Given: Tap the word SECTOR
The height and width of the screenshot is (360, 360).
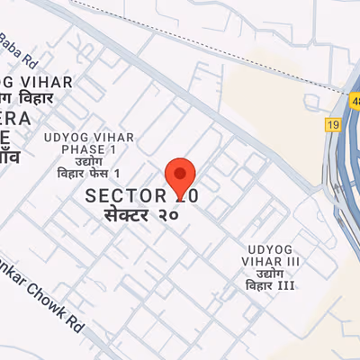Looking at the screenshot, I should coord(126,195).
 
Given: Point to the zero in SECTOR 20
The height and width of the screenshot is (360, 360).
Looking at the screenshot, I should coord(191,195).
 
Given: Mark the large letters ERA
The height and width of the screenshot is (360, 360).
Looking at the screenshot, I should coord(15,120).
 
